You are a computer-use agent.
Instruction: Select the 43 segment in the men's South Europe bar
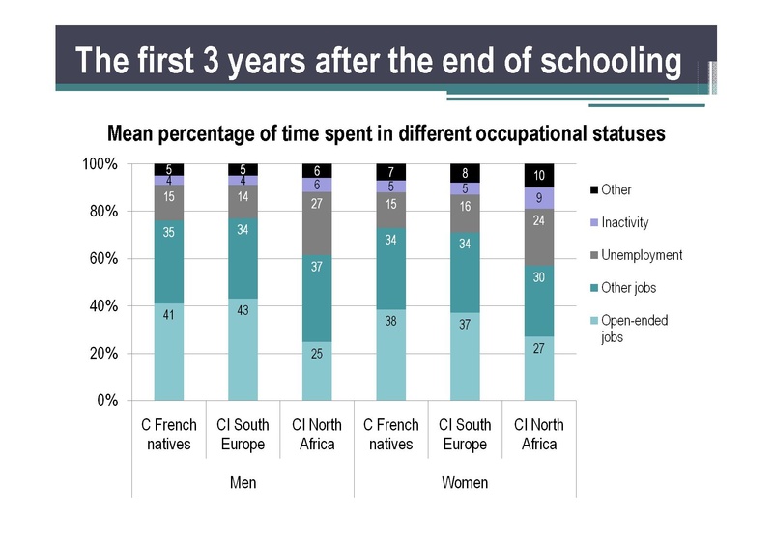(243, 349)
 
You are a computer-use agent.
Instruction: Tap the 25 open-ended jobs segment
(317, 370)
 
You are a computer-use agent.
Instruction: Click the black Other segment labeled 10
(539, 176)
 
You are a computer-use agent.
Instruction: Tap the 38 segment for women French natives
(391, 355)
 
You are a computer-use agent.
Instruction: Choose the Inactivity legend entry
(624, 222)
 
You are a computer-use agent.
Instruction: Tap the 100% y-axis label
(99, 164)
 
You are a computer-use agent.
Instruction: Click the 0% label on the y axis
(106, 400)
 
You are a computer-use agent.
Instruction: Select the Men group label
(243, 482)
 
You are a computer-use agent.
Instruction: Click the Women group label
(465, 482)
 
